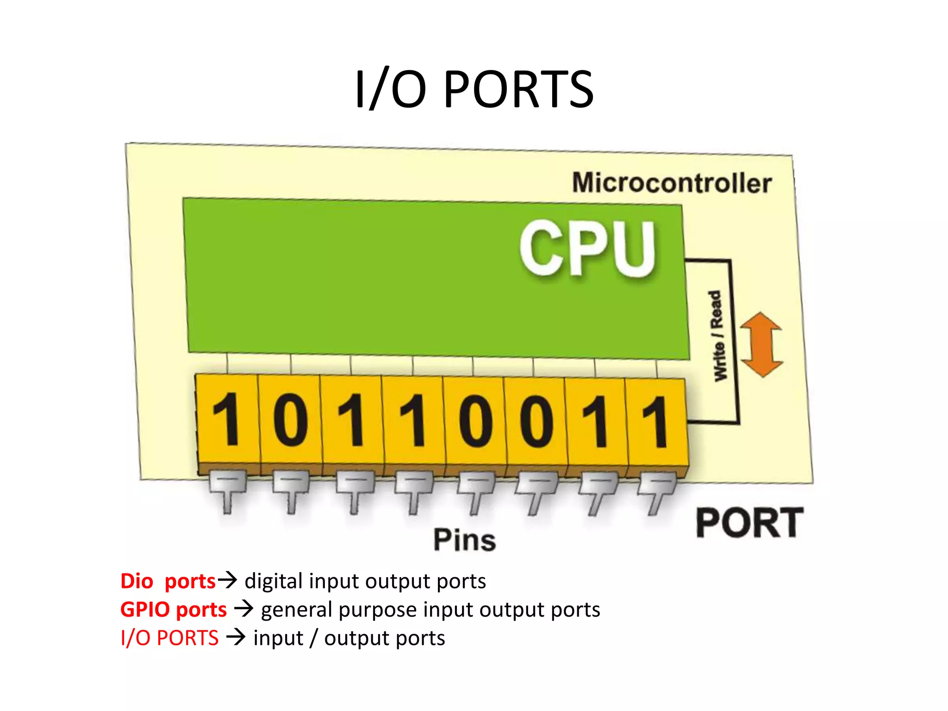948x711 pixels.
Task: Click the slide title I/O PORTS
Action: (474, 89)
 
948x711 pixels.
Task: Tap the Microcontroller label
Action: (672, 183)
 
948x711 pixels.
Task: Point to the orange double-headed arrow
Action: (761, 344)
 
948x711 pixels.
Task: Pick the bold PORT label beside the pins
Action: (749, 523)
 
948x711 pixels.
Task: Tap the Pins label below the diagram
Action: (465, 540)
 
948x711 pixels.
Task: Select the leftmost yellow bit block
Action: (227, 420)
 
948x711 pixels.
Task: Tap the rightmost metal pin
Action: (656, 494)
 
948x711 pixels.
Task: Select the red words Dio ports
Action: (168, 581)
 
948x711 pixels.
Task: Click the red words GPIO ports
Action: (174, 610)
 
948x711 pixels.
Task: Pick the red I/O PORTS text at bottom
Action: (169, 638)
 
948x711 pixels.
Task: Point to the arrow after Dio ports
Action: (227, 580)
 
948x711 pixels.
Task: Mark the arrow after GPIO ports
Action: (243, 608)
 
